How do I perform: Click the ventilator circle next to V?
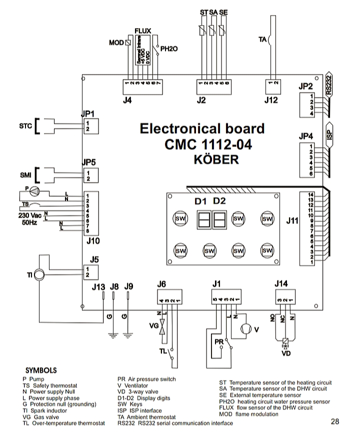coord(246,329)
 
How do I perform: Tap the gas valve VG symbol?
coord(161,328)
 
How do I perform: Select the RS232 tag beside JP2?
coord(328,85)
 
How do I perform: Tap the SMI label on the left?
coord(25,175)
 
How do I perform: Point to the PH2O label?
coord(169,49)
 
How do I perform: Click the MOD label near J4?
coord(116,43)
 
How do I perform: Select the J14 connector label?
coord(281,284)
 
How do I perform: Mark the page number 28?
coord(334,421)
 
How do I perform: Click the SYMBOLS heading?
coord(40,371)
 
